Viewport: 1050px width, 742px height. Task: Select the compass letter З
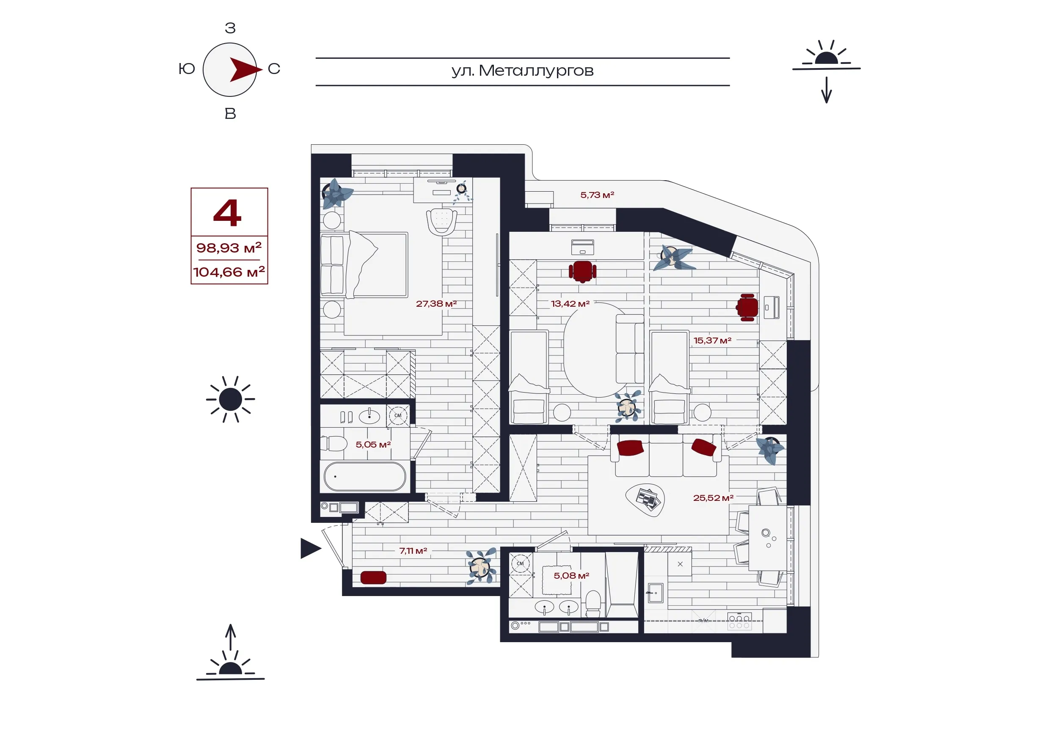[231, 28]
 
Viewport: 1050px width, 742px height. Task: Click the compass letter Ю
[187, 69]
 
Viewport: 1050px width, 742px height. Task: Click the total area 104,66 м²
[229, 272]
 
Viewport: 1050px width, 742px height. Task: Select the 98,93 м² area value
[229, 247]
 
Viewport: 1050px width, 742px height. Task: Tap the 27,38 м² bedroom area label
[436, 304]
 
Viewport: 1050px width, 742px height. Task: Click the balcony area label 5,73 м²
[597, 195]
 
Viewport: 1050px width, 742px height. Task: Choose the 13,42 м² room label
[570, 304]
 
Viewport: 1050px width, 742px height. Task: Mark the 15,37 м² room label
[713, 341]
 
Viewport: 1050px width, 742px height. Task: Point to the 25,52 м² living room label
[714, 498]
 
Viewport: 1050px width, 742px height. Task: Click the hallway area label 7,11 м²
[413, 551]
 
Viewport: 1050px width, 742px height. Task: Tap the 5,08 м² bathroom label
[572, 576]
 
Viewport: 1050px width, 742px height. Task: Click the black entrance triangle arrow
[311, 549]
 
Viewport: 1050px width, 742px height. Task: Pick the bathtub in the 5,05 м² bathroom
[365, 476]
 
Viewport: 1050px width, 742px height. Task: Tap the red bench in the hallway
[373, 577]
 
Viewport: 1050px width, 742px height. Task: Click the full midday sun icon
[231, 400]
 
